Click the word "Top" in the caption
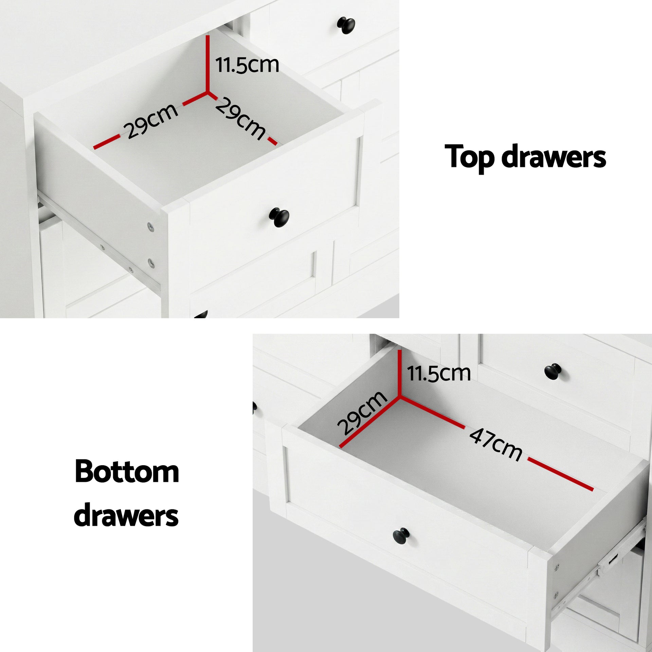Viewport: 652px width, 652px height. tap(470, 157)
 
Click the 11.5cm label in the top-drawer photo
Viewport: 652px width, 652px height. tap(247, 65)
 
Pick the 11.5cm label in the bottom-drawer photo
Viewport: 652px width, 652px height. tap(439, 373)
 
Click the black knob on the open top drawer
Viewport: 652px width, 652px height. tap(279, 217)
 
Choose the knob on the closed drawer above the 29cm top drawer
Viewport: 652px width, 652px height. tap(346, 25)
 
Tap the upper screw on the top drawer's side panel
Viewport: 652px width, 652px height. tap(150, 226)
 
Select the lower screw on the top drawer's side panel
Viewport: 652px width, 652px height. tap(151, 262)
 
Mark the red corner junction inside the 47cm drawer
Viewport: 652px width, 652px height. tap(400, 396)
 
